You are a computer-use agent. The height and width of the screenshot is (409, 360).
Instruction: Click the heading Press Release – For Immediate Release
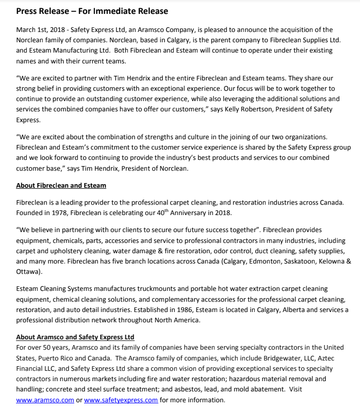pos(92,11)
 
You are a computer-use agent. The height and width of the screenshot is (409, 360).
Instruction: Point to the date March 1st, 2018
pos(40,30)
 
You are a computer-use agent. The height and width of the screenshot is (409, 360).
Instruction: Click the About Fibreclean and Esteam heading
pos(61,185)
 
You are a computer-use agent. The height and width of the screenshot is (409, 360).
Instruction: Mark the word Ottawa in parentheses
pos(29,271)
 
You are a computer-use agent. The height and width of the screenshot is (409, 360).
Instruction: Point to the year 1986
pos(202,309)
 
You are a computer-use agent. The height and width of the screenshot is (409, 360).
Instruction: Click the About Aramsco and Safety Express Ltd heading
pos(75,337)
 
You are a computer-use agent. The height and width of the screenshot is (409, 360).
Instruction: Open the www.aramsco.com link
pos(45,400)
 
